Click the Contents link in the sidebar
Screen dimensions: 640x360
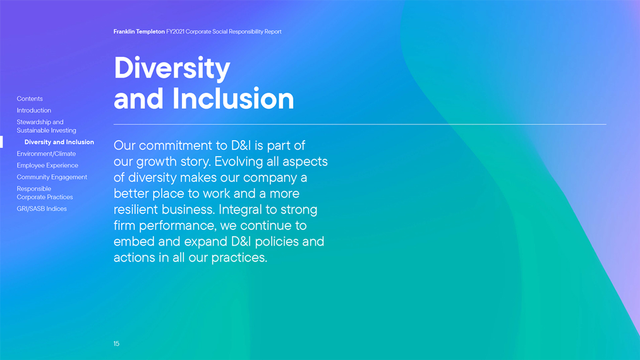(x=30, y=99)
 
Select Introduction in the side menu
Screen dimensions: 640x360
(x=34, y=110)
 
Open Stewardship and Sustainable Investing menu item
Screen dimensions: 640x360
(x=47, y=126)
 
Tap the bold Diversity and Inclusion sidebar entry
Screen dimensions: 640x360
(x=59, y=142)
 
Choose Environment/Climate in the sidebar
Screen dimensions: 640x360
(x=46, y=154)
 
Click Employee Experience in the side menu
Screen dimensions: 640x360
(x=47, y=165)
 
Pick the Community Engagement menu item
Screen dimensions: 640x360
(x=52, y=177)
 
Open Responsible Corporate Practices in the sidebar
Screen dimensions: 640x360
(x=45, y=193)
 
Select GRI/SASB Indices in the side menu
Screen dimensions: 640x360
(x=42, y=208)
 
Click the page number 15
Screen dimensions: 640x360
(x=116, y=344)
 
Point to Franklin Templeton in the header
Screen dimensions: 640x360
(x=139, y=32)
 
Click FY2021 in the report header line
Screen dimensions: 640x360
(x=175, y=32)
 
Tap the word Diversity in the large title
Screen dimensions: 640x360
(x=172, y=69)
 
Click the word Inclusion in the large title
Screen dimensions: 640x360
(x=233, y=99)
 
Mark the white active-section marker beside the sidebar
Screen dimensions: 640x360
(x=1, y=141)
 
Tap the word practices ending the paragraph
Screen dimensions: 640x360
(x=239, y=258)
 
